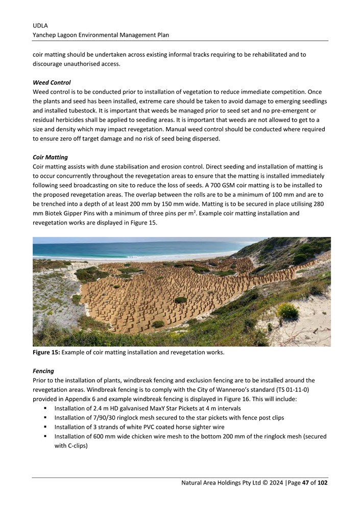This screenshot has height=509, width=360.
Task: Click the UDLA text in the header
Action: tap(40, 25)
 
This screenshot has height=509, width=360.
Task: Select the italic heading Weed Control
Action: tap(52, 82)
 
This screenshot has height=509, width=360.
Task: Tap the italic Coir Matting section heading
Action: tap(50, 157)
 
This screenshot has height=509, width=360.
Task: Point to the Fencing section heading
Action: tap(44, 371)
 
